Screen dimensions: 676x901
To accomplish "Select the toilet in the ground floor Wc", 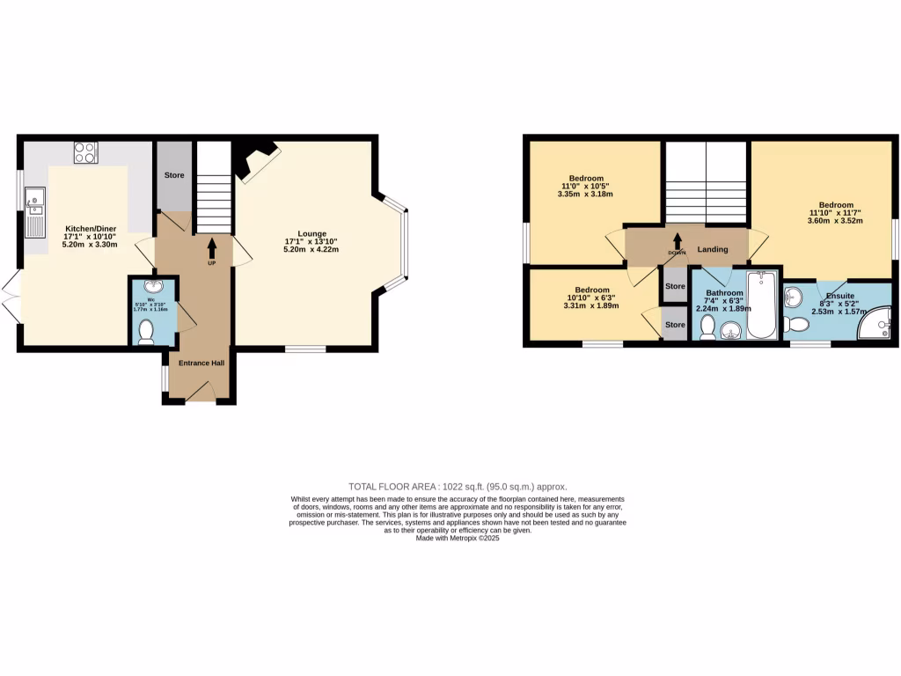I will [x=147, y=331].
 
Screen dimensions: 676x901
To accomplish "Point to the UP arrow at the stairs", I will [x=212, y=249].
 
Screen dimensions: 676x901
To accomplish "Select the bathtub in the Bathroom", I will [x=760, y=305].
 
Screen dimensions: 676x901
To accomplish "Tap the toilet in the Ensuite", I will [x=797, y=325].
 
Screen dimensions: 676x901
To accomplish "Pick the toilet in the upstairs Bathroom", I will [x=707, y=327].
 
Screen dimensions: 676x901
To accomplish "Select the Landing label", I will [x=712, y=250].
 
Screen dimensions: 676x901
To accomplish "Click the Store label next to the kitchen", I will [x=174, y=175].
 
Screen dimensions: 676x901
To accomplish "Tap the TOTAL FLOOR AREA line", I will [x=458, y=487].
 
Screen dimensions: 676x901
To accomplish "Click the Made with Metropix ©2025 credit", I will [x=458, y=538].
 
